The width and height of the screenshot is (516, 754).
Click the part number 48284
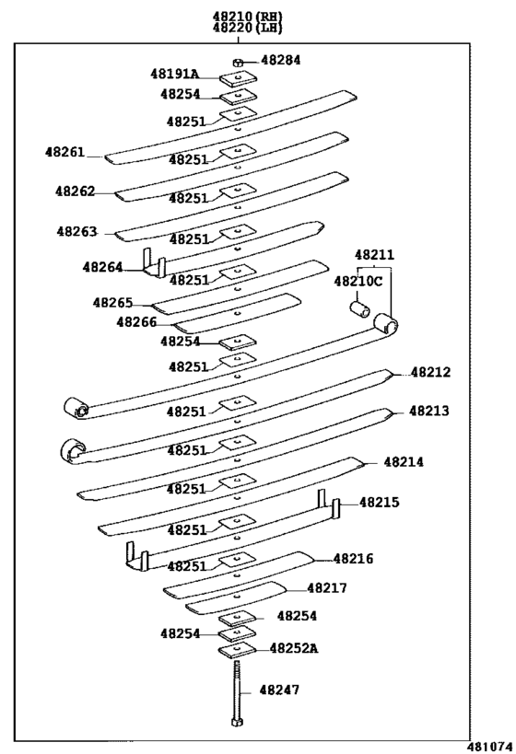pyautogui.click(x=281, y=60)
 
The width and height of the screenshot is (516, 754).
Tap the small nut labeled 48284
pyautogui.click(x=238, y=62)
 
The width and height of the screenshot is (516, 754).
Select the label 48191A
pyautogui.click(x=174, y=74)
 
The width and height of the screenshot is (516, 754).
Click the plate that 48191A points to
pyautogui.click(x=239, y=78)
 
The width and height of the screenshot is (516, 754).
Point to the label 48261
pyautogui.click(x=65, y=152)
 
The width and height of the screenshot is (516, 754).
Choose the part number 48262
pyautogui.click(x=75, y=191)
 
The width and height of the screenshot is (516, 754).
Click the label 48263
pyautogui.click(x=77, y=231)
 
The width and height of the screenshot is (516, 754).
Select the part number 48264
pyautogui.click(x=102, y=267)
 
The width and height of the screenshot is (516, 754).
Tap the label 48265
pyautogui.click(x=112, y=303)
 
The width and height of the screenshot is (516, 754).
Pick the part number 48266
pyautogui.click(x=136, y=321)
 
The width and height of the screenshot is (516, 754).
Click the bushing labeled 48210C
pyautogui.click(x=359, y=309)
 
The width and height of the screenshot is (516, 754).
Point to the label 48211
pyautogui.click(x=374, y=254)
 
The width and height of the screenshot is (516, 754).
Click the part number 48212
pyautogui.click(x=431, y=372)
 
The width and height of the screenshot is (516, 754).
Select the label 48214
pyautogui.click(x=404, y=462)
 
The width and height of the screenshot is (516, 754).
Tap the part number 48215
pyautogui.click(x=380, y=503)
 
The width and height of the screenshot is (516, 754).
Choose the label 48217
pyautogui.click(x=327, y=588)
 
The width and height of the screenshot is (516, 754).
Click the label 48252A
pyautogui.click(x=294, y=648)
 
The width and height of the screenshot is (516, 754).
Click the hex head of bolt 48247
pyautogui.click(x=237, y=722)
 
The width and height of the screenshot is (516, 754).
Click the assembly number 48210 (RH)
pyautogui.click(x=248, y=17)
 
